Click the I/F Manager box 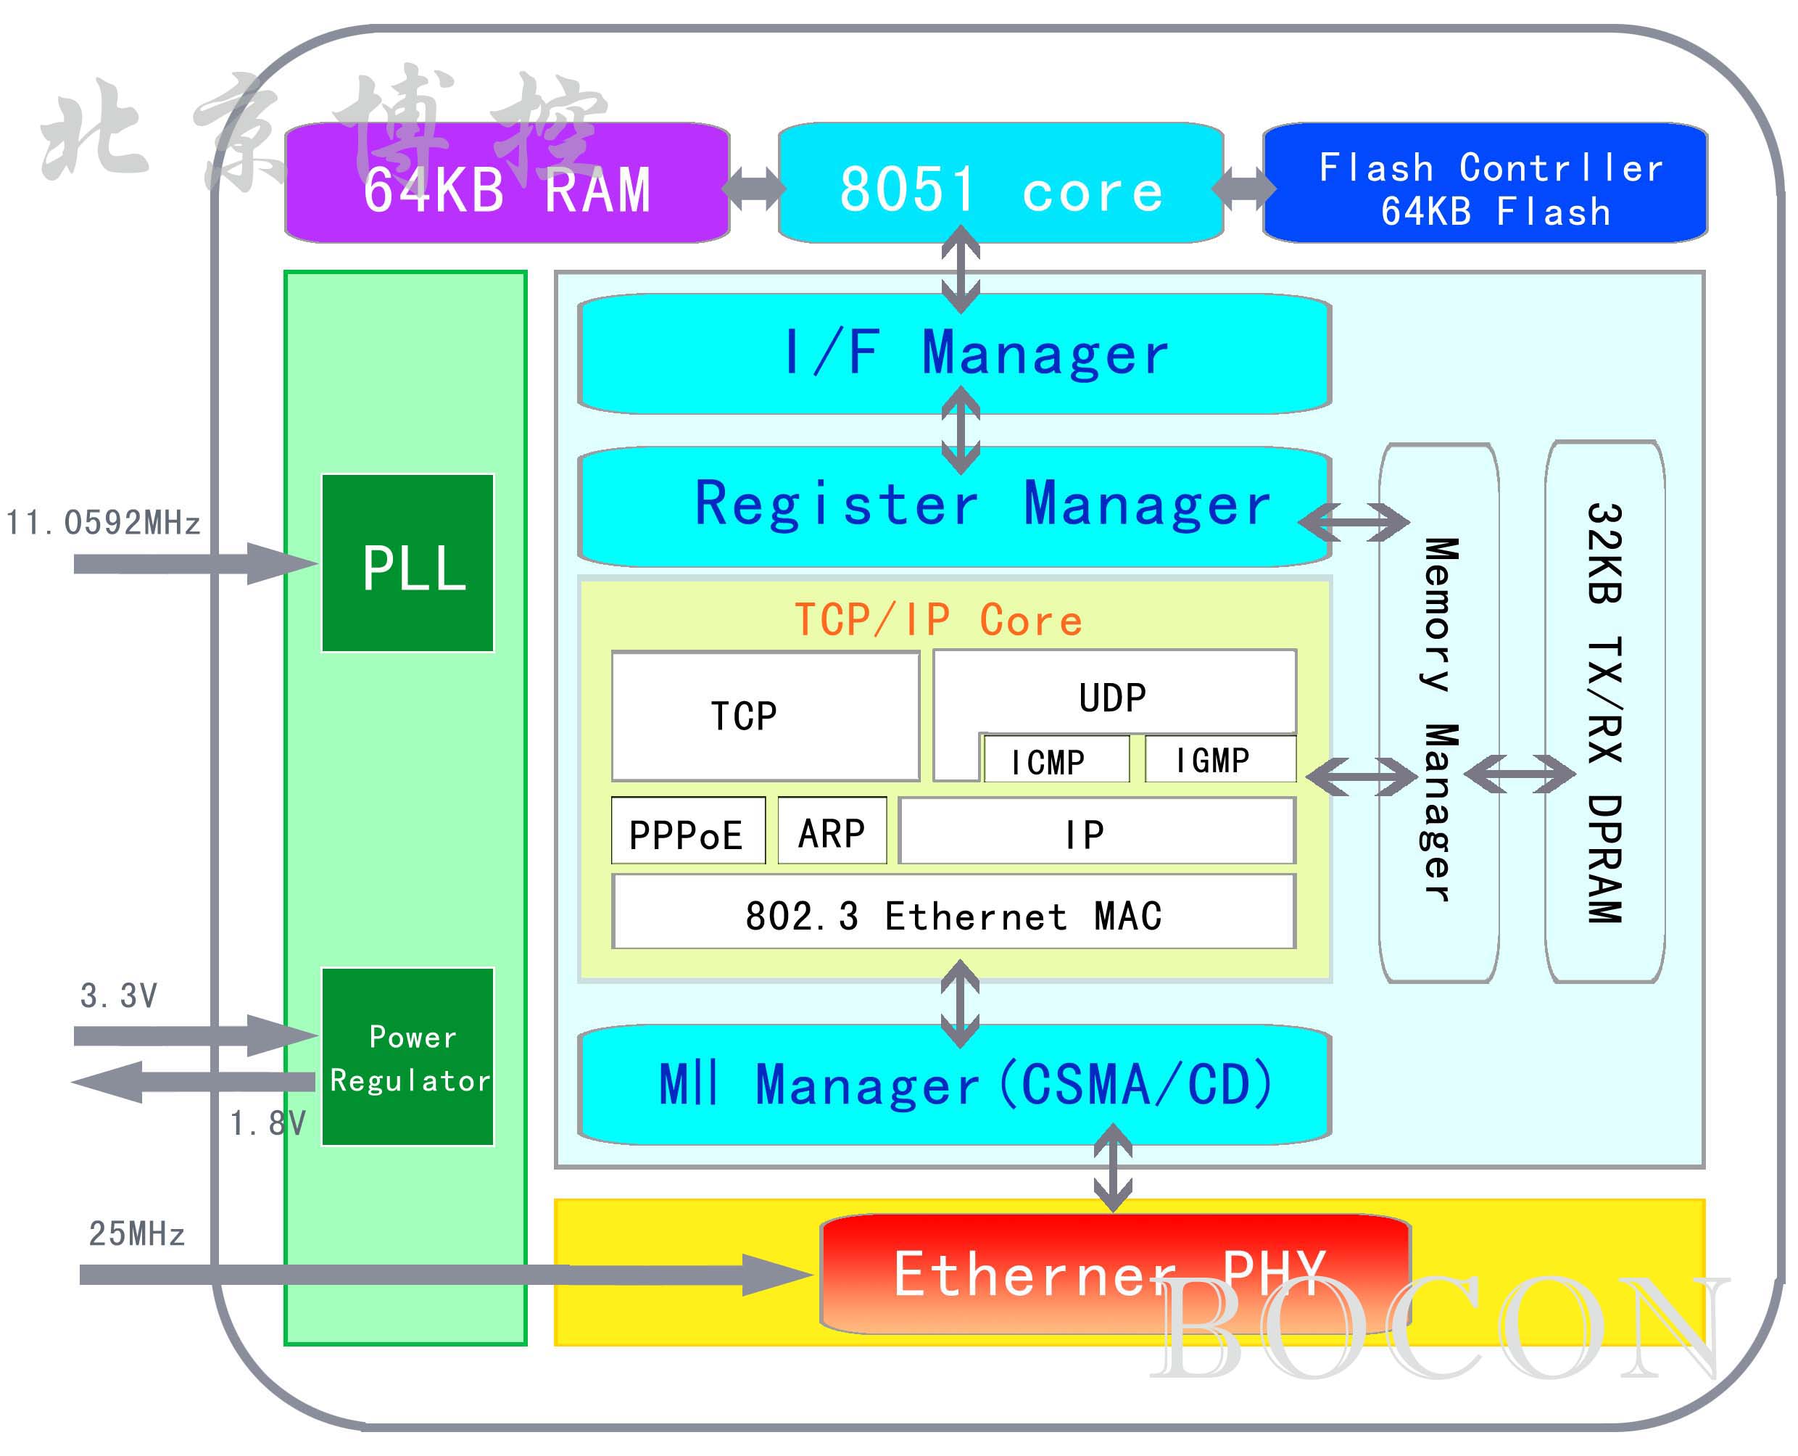tap(954, 354)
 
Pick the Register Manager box tap(954, 505)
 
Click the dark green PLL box tap(408, 563)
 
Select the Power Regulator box tap(408, 1056)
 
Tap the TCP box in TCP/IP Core tap(765, 716)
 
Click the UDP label tap(1113, 697)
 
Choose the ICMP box tap(1056, 760)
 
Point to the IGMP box tap(1219, 759)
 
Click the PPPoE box tap(688, 830)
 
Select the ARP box tap(832, 830)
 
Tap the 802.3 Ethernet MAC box tap(953, 912)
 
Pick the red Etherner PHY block tap(1114, 1273)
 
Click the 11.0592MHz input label tap(103, 523)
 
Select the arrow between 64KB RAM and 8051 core tap(754, 188)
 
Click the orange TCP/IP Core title tap(938, 620)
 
